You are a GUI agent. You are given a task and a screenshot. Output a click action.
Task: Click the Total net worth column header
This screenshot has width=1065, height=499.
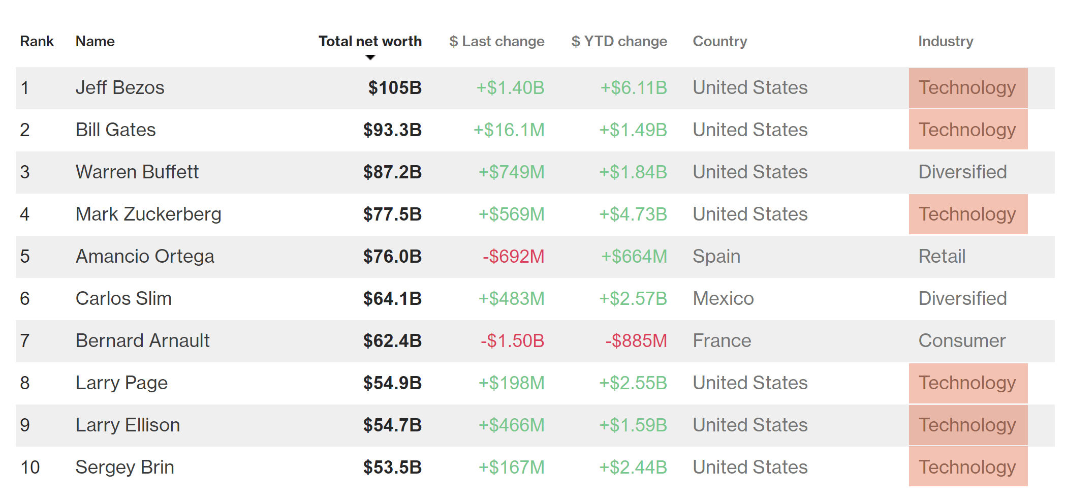[x=370, y=41]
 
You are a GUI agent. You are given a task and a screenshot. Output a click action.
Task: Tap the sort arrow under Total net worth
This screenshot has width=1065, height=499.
[x=370, y=57]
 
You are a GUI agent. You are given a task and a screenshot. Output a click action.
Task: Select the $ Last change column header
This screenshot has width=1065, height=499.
[x=496, y=41]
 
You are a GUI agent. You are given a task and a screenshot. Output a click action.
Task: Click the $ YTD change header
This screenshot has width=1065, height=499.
[x=619, y=41]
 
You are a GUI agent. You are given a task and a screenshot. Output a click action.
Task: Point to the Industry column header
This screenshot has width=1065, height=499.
[x=946, y=41]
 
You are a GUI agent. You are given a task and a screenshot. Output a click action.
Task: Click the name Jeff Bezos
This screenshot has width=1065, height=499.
[x=120, y=87]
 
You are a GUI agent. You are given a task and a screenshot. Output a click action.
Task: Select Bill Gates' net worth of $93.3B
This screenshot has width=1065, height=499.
[x=392, y=130]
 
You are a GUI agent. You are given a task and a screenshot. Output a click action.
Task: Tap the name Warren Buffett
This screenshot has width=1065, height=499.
[x=137, y=172]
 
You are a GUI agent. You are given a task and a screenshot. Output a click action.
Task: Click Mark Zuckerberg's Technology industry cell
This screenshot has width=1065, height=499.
[x=967, y=214]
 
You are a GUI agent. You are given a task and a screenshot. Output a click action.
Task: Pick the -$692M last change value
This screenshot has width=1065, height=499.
[x=513, y=256]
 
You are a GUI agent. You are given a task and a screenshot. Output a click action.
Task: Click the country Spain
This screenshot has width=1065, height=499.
[x=716, y=256]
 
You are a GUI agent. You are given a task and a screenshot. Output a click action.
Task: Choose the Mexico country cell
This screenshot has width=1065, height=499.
[x=723, y=298]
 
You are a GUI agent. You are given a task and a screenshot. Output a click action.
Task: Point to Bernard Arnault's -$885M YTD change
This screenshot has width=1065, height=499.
[x=636, y=340]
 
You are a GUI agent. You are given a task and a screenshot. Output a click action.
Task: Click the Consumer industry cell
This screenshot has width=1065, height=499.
[x=962, y=340]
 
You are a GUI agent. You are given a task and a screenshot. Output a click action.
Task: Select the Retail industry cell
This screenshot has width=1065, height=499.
[x=942, y=256]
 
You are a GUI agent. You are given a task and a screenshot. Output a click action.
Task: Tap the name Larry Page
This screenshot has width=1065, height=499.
[x=121, y=383]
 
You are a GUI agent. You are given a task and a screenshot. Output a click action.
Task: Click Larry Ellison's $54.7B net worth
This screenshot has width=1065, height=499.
[x=392, y=425]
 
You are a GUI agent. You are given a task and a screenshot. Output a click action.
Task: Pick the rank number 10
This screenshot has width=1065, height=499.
[x=30, y=467]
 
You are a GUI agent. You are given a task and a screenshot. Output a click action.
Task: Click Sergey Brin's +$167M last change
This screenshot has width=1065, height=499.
[x=511, y=467]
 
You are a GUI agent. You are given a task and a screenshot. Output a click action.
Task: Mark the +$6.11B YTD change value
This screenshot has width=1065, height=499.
[x=634, y=87]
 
